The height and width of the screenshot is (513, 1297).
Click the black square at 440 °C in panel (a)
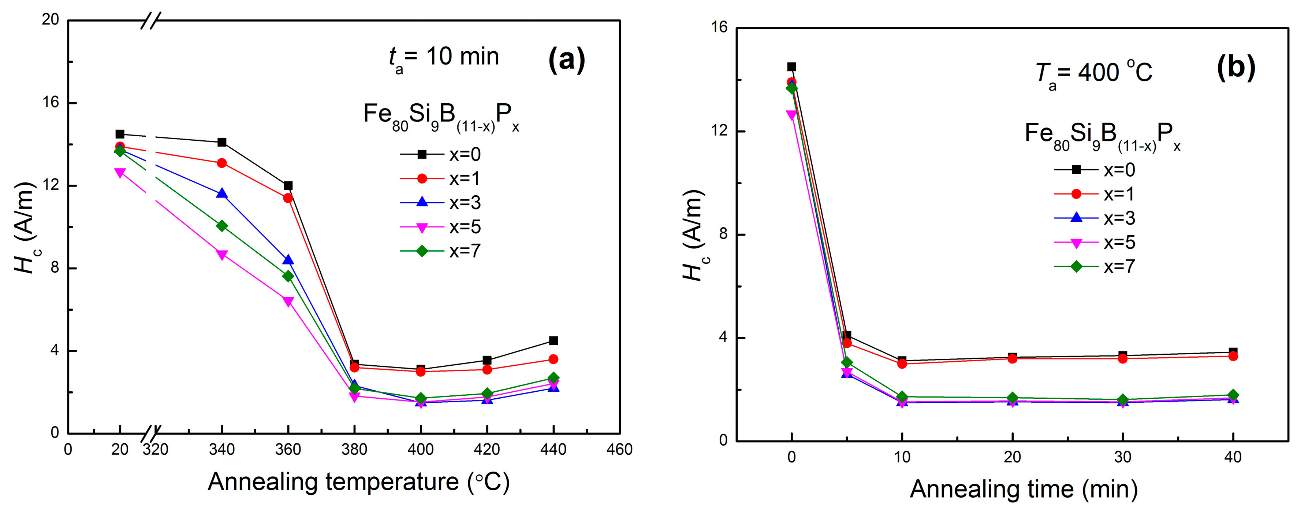tap(554, 341)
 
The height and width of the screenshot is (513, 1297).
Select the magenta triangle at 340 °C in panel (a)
tap(221, 255)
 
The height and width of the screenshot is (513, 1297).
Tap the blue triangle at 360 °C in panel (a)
tap(288, 260)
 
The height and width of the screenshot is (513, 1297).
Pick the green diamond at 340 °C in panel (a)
tap(221, 226)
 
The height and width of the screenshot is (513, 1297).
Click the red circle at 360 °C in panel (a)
tap(288, 198)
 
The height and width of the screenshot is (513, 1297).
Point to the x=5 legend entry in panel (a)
tap(440, 227)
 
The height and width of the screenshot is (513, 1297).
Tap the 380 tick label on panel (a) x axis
tap(354, 450)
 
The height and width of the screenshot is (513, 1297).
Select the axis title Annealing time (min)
tap(1024, 489)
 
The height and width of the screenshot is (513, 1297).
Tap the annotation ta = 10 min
tap(443, 58)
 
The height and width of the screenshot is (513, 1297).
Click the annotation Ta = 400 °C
tap(1093, 74)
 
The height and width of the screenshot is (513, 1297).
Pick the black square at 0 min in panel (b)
tap(791, 67)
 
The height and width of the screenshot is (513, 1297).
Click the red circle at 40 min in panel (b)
tap(1233, 356)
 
